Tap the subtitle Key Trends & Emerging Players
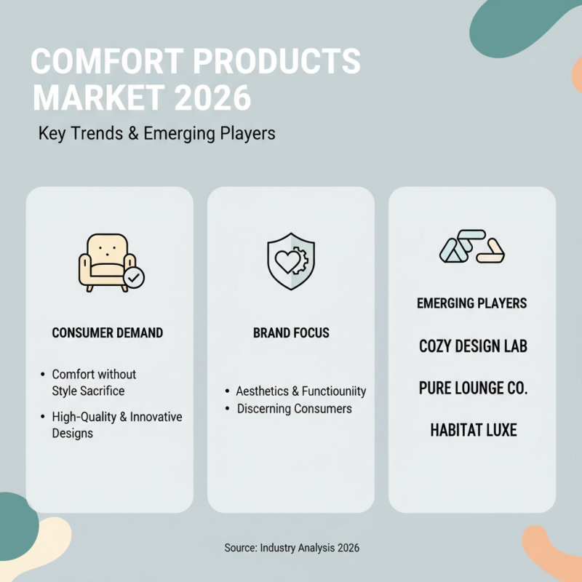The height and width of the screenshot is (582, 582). [156, 135]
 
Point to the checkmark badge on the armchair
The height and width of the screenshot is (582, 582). [134, 276]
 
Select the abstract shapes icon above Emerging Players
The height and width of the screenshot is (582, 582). [472, 248]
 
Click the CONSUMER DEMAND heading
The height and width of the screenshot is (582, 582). [108, 333]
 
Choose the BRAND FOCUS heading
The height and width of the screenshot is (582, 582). [291, 333]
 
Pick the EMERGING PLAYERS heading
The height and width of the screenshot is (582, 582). [472, 303]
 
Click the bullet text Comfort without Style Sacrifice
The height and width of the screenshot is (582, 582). [93, 383]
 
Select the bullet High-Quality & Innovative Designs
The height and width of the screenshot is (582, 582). [116, 425]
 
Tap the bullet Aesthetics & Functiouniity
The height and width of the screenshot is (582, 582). [300, 391]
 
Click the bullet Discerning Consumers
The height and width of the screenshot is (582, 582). [294, 409]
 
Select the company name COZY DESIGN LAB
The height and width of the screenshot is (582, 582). [473, 346]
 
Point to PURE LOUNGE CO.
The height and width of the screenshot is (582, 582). [473, 388]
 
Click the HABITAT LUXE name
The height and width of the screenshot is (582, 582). [473, 430]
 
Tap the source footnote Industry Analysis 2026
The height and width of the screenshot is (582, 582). [291, 548]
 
